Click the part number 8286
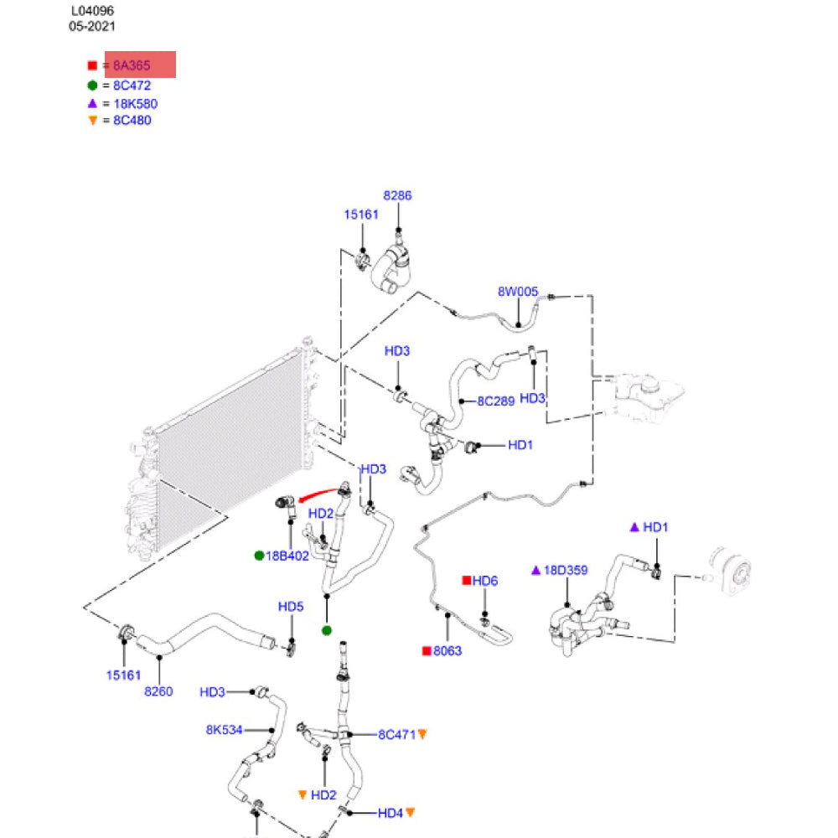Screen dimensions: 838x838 397,195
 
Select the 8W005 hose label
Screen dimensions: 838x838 518,292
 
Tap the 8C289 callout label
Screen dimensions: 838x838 496,401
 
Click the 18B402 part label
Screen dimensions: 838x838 287,556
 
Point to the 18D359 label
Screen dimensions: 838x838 566,570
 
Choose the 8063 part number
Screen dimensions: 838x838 447,651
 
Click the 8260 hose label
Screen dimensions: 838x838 158,691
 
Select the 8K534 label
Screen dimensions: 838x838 225,730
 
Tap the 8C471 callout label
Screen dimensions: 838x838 396,735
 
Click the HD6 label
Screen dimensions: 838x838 484,581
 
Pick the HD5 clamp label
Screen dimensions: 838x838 291,607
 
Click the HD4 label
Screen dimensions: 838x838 391,814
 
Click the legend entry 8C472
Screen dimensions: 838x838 132,85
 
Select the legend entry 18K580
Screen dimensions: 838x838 135,104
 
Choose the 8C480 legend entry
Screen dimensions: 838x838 132,120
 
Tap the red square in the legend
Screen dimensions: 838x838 92,65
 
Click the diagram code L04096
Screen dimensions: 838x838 92,11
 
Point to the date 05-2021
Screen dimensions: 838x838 92,26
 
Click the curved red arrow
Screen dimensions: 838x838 318,494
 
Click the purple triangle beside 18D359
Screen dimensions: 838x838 536,570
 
